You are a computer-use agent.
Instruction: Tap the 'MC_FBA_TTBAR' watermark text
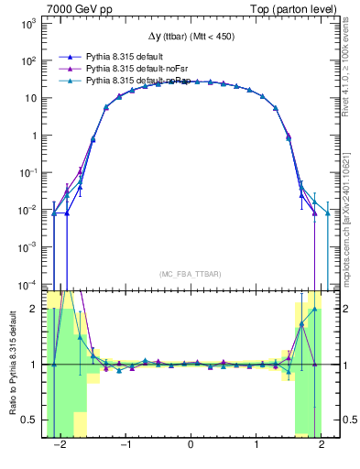point(190,274)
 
